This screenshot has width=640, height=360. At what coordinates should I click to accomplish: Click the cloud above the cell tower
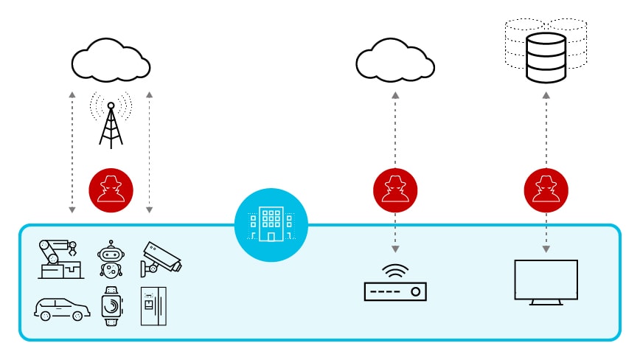(x=111, y=59)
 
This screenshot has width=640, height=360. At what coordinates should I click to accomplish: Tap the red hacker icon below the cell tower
(x=111, y=190)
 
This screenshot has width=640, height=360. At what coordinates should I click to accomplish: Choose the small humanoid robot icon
(x=111, y=259)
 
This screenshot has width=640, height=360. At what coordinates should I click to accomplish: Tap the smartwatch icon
(x=111, y=305)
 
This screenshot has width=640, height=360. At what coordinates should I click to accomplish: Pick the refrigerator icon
(x=153, y=305)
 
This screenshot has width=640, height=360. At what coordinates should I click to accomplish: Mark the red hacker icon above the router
(x=395, y=190)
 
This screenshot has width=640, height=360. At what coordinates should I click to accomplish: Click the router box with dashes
(x=395, y=291)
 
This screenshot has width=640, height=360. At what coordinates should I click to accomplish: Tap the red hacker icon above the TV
(x=546, y=190)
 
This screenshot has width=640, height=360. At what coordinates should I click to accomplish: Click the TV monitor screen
(x=546, y=278)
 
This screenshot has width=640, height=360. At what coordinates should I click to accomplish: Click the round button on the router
(x=416, y=292)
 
